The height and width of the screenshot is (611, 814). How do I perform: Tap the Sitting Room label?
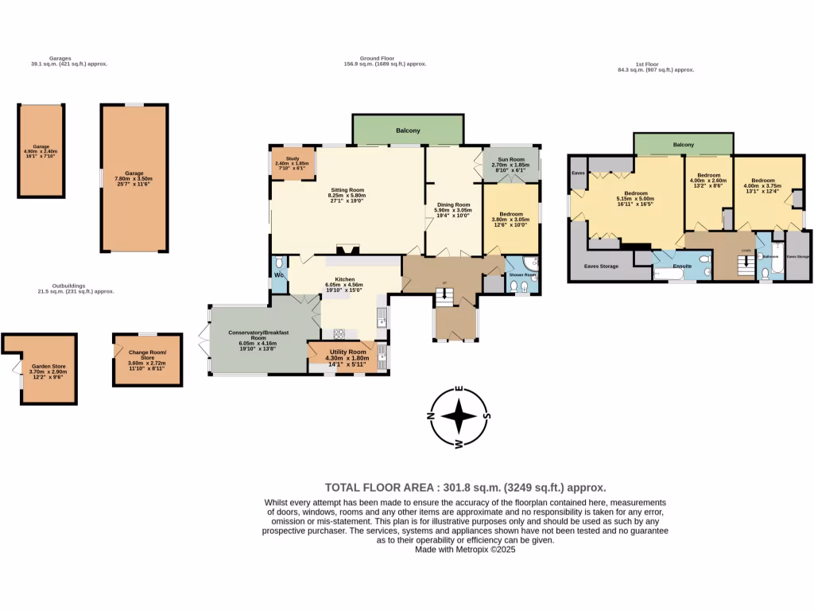[347, 191]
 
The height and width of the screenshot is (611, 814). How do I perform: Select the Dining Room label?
[454, 205]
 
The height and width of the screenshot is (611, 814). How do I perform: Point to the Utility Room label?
[347, 352]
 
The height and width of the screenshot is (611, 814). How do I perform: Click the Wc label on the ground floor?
[279, 275]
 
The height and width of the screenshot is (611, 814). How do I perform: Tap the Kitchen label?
[344, 279]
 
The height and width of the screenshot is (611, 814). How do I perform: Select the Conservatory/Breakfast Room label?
[258, 333]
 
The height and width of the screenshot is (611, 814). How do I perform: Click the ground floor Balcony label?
[408, 130]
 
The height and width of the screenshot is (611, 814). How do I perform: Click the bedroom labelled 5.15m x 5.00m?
[636, 194]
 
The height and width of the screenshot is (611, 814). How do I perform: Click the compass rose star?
[459, 416]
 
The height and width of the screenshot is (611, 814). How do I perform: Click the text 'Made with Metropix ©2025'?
[465, 550]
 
